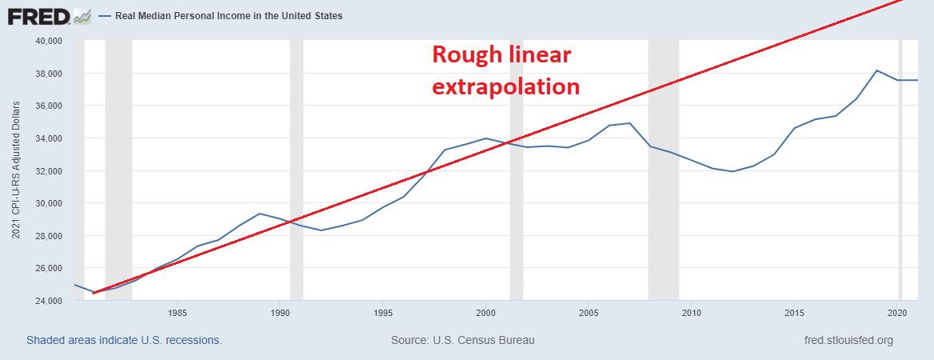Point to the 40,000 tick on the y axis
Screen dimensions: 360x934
50,41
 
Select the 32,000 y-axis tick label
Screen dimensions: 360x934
50,171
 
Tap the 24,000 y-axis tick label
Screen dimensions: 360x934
50,301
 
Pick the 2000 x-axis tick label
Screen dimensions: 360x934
485,313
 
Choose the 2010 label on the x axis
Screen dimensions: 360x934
691,313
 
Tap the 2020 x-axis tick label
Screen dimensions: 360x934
896,313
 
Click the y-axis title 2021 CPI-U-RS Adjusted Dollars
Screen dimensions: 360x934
16,170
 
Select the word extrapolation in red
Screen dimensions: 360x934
505,86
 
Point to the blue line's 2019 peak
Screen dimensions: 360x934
876,70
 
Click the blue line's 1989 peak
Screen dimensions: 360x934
260,214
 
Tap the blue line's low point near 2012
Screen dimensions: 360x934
732,171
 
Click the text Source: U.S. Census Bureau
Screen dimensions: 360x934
462,340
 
